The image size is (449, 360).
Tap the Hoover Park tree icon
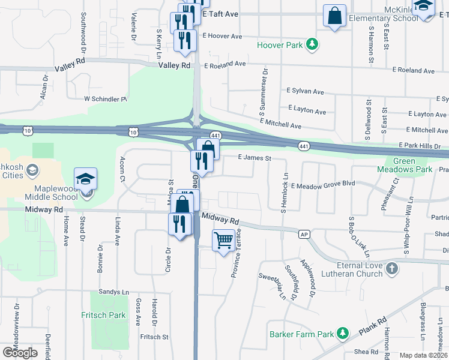click(x=312, y=44)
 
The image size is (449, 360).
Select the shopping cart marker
click(x=224, y=241)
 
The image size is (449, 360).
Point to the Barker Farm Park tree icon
click(x=342, y=332)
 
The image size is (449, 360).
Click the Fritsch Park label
click(x=103, y=315)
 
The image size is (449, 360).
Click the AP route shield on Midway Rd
click(x=304, y=234)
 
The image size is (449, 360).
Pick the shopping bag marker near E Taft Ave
click(x=334, y=15)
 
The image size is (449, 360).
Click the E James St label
click(x=255, y=158)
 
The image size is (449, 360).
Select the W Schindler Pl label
click(x=106, y=98)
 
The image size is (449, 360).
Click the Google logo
click(x=20, y=353)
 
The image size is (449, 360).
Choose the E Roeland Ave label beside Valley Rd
click(x=225, y=64)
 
